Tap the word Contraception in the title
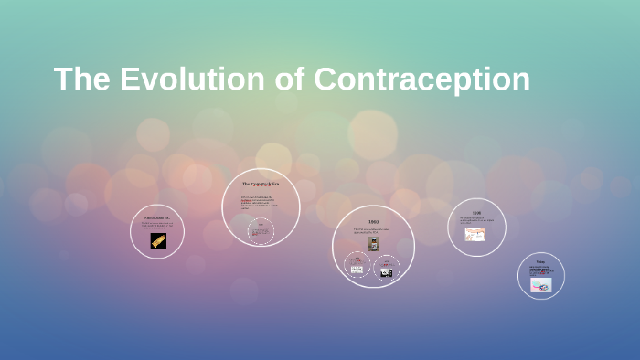tap(421, 79)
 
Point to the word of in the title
tap(290, 79)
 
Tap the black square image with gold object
tap(158, 240)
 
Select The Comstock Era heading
tap(261, 185)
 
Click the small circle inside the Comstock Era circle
tap(261, 232)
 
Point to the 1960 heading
tap(373, 222)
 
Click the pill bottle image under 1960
tap(373, 243)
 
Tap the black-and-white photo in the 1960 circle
tap(387, 271)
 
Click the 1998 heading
tap(476, 213)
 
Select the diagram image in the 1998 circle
tap(475, 234)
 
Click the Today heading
tap(540, 262)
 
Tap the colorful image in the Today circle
tap(540, 284)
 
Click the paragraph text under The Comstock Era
tap(261, 204)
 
